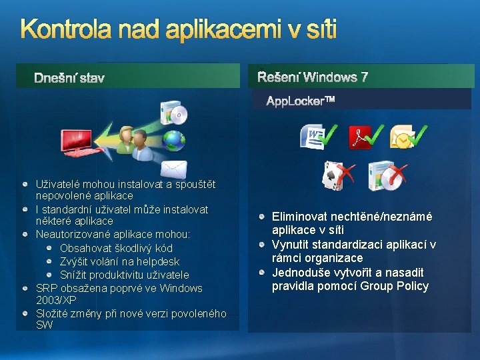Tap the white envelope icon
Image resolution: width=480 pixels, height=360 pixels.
click(x=173, y=169)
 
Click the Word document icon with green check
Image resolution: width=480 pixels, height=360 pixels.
click(x=313, y=137)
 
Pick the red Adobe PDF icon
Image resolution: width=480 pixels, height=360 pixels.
click(x=360, y=137)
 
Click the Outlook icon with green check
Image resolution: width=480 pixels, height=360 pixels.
click(x=403, y=137)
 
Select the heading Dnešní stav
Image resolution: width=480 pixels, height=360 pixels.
click(x=69, y=79)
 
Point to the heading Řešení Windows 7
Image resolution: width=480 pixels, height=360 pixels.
click(x=313, y=77)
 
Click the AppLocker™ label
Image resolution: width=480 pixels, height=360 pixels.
click(x=300, y=101)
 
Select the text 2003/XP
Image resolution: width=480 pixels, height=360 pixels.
click(x=56, y=301)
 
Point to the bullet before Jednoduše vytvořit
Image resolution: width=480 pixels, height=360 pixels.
click(x=264, y=273)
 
